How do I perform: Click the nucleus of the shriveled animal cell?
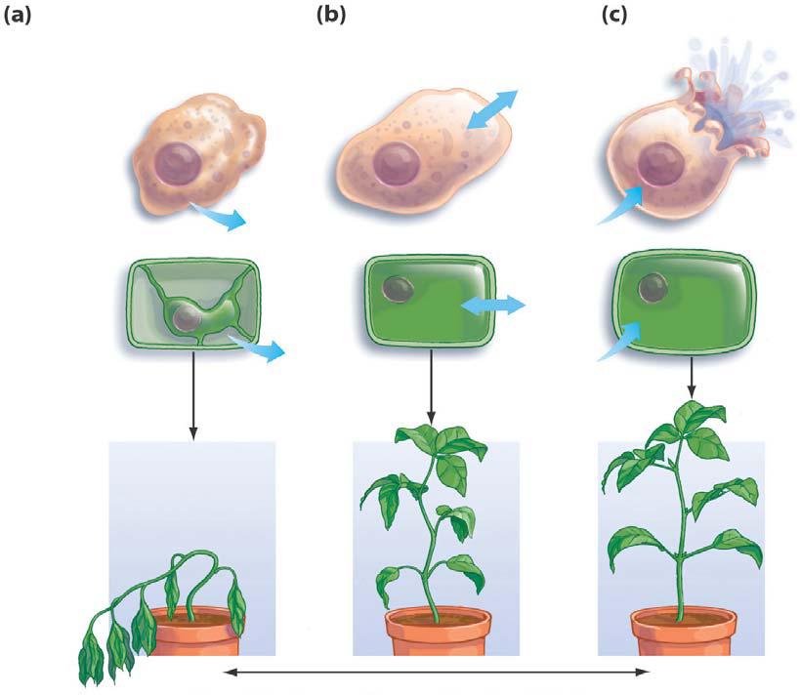pos(179,162)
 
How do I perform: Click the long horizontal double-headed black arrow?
pos(437,672)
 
